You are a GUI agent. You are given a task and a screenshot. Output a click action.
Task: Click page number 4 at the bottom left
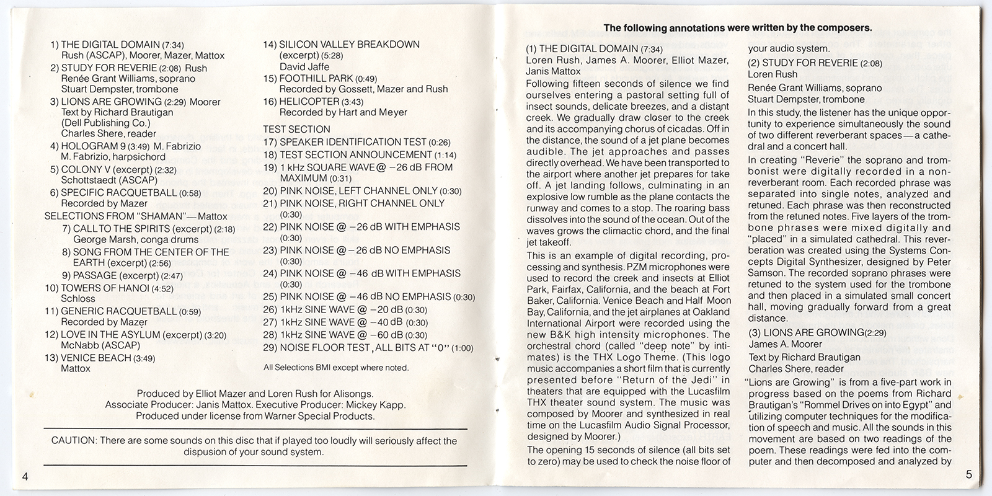point(25,476)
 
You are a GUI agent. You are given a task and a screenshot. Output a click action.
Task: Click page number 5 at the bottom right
point(968,475)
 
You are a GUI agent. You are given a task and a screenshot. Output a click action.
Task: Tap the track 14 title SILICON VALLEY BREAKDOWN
point(349,45)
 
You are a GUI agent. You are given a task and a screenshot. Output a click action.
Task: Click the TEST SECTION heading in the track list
point(296,130)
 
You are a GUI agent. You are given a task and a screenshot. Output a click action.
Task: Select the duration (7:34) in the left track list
point(172,45)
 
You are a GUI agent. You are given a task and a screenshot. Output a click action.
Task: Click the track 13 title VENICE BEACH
point(95,358)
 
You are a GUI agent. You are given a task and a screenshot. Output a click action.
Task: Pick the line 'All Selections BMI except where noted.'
point(336,368)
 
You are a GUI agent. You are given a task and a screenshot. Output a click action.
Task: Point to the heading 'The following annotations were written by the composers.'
point(738,28)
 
